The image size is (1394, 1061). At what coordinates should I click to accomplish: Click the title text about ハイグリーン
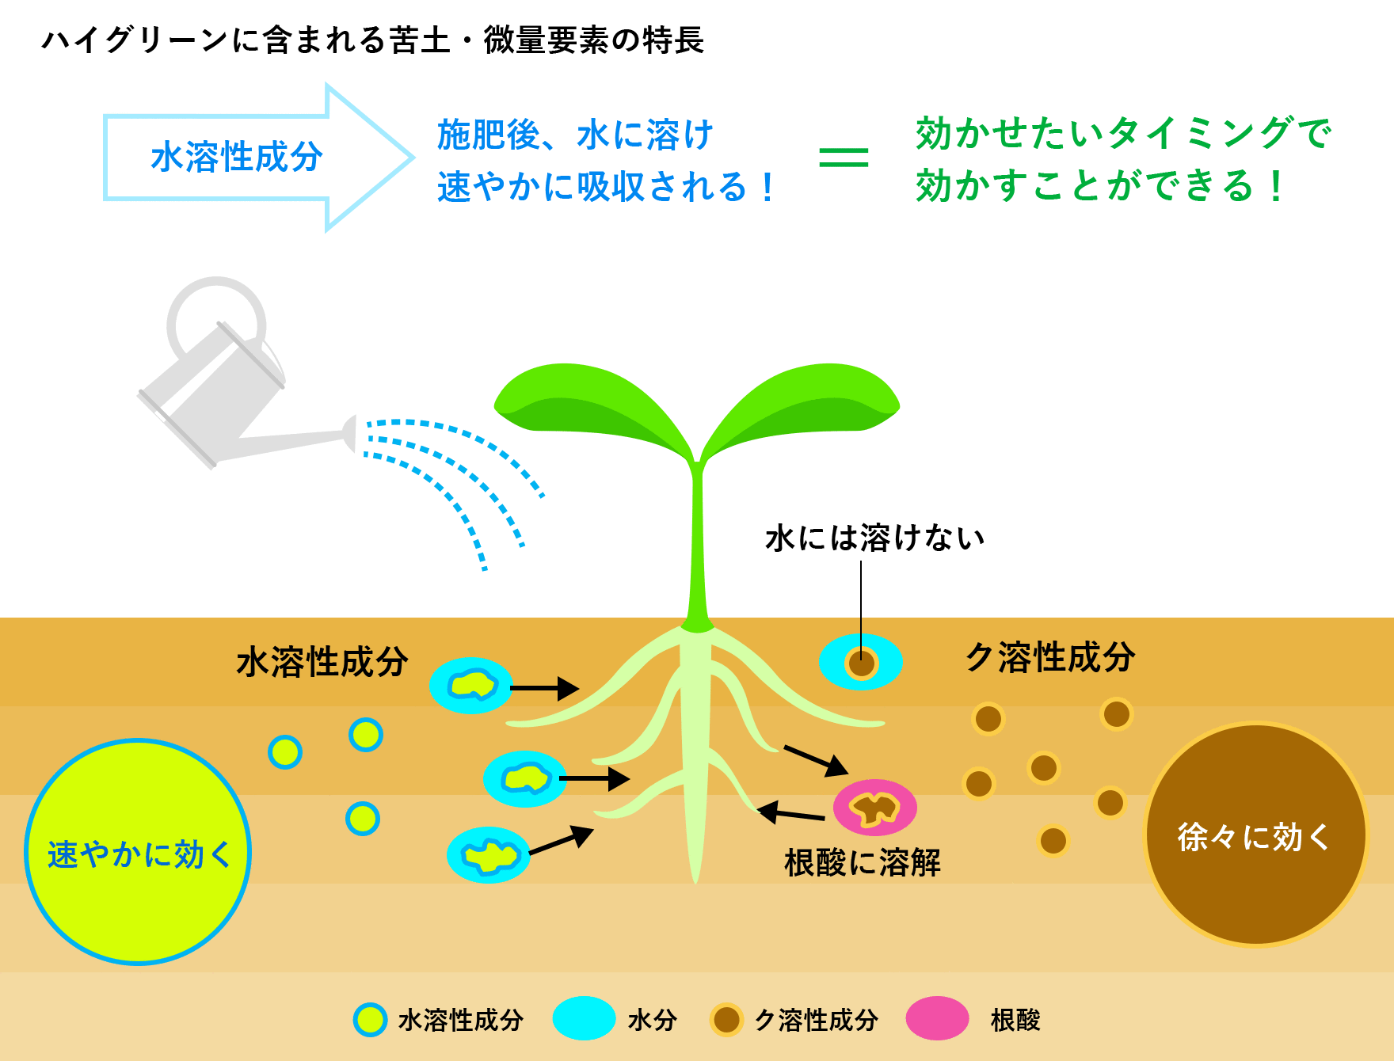[372, 40]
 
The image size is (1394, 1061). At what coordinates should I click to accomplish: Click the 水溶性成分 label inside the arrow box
[236, 157]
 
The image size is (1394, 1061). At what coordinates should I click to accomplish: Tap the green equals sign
[844, 157]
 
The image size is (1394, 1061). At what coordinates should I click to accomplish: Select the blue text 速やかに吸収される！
[607, 188]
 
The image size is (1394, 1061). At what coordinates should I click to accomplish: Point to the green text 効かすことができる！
[1100, 186]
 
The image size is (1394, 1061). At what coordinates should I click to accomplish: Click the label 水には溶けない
[875, 538]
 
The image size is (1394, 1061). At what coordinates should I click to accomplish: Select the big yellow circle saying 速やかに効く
[138, 852]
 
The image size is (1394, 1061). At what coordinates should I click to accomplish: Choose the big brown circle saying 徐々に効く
[1255, 835]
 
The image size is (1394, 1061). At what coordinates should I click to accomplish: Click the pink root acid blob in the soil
[875, 808]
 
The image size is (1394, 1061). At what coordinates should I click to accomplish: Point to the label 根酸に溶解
[863, 862]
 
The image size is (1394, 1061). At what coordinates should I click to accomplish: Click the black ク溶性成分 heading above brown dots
[1050, 657]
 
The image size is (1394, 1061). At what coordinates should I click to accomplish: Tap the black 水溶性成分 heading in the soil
[322, 662]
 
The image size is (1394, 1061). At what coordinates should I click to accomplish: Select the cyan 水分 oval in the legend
[585, 1018]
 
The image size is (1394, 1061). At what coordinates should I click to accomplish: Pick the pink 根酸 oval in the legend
[938, 1018]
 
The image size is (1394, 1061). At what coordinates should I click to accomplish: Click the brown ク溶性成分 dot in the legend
[726, 1020]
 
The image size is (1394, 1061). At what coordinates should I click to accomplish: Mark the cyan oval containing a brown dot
[861, 662]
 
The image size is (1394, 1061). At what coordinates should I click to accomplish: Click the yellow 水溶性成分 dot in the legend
[370, 1020]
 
